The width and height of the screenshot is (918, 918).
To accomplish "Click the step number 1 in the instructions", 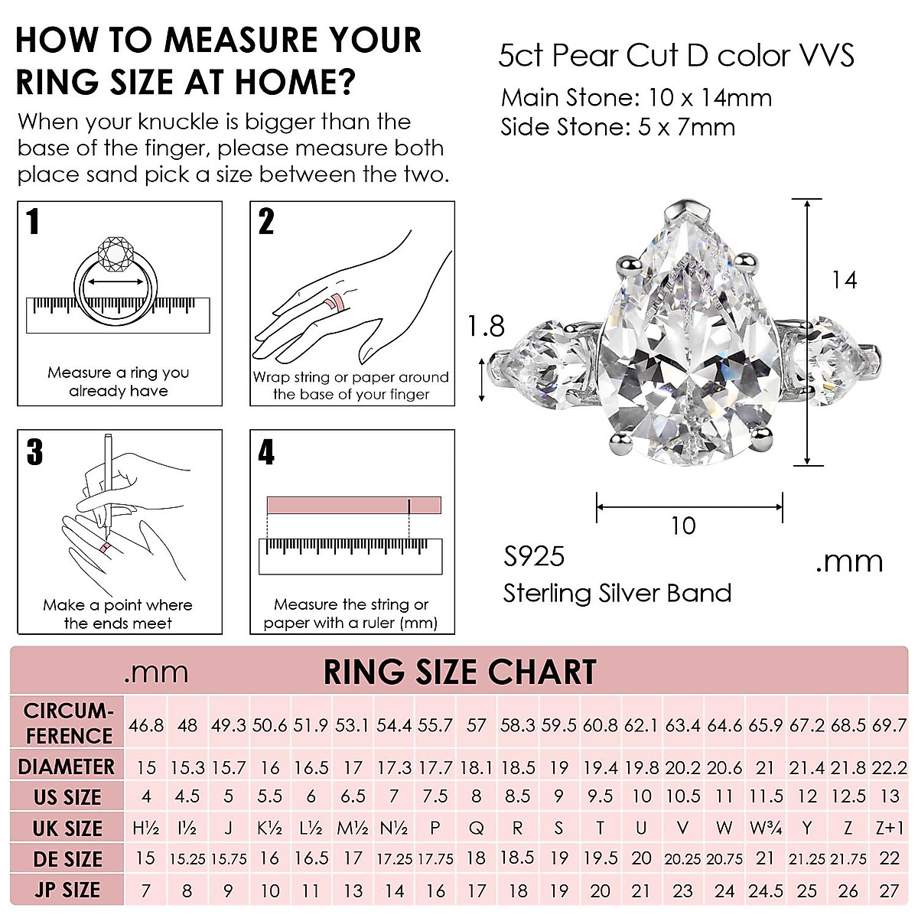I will point(33,222).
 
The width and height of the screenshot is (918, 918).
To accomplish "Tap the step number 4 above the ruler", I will point(266,452).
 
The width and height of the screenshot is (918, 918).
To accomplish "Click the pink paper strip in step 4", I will point(353,506).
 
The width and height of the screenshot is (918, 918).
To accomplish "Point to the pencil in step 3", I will point(108,482).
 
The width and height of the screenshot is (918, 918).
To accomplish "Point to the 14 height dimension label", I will point(844,281).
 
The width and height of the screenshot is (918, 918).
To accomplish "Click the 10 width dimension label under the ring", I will point(683,526).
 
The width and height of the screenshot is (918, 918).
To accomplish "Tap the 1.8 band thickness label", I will point(487,327).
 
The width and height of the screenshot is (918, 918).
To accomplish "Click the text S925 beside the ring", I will point(534,557).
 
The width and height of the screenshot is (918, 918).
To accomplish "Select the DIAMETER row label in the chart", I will point(67,767).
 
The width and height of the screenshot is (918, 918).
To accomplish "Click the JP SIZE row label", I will point(67,890).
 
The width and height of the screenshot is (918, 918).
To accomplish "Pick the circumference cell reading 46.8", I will point(146,724).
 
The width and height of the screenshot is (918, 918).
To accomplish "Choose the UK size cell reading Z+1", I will point(889,828).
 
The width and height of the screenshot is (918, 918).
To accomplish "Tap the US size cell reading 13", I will point(889,796).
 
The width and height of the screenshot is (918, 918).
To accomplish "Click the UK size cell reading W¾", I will point(765,828).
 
